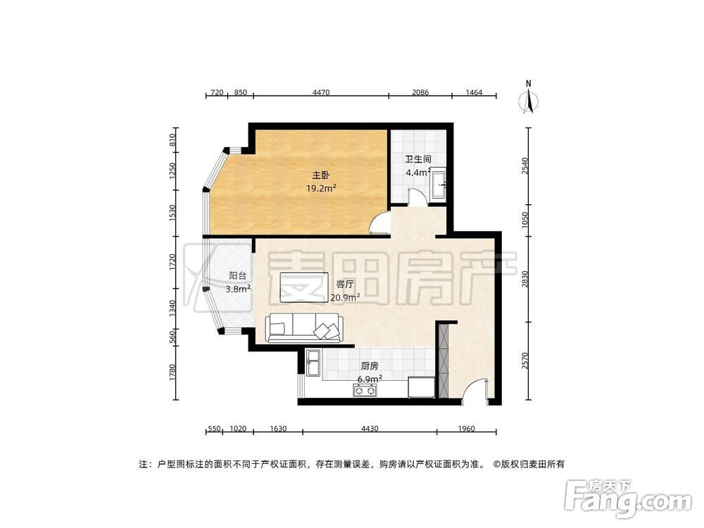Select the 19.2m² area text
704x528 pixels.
321,188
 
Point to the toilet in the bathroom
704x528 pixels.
439,184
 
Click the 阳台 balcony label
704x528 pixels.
238,276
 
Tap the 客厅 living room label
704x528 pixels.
344,284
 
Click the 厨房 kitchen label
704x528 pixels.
370,366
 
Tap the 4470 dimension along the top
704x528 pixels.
321,93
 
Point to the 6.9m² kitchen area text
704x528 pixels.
370,379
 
